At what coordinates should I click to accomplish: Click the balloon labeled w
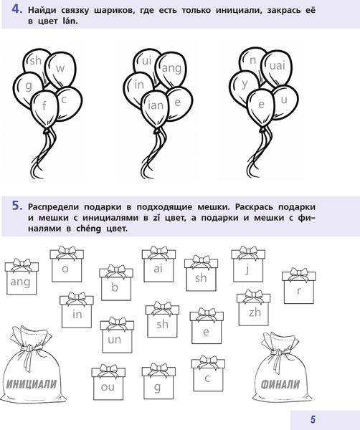(x=60, y=70)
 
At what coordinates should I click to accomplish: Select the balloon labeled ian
(x=153, y=107)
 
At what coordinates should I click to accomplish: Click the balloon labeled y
(x=245, y=84)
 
